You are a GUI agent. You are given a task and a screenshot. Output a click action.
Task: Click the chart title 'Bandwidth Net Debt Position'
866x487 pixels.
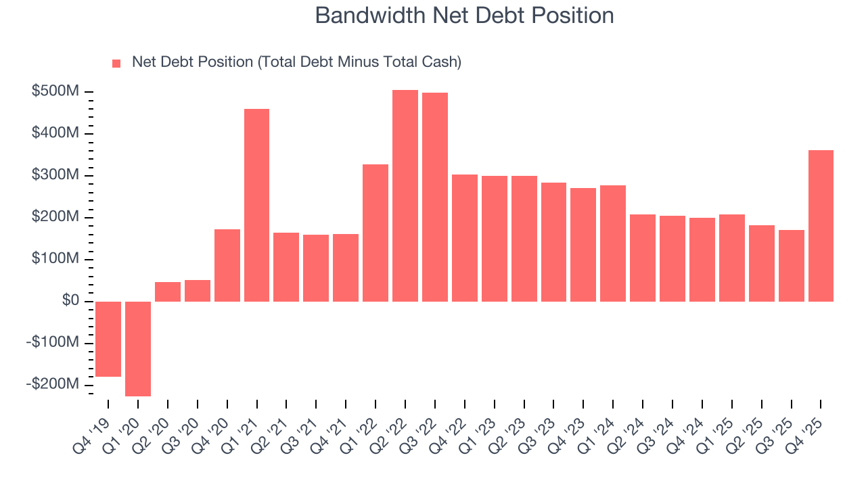click(464, 16)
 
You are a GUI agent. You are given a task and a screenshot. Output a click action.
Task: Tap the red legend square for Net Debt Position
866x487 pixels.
click(116, 64)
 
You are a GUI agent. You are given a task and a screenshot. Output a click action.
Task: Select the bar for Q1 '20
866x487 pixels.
click(138, 348)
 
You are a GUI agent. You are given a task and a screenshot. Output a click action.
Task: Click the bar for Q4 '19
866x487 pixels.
click(108, 339)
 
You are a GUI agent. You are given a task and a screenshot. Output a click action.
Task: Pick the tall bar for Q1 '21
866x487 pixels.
click(256, 205)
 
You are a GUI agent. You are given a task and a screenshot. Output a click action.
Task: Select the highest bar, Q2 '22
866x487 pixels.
click(405, 195)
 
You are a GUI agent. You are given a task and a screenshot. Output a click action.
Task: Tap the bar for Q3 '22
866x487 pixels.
click(435, 197)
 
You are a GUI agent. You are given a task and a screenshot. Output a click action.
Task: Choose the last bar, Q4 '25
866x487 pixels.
click(821, 225)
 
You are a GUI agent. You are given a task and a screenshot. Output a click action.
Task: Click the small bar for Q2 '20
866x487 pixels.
click(168, 292)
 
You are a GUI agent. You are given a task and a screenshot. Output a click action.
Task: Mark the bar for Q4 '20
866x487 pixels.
click(227, 265)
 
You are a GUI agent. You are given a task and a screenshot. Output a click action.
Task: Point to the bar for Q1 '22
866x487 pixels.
click(375, 233)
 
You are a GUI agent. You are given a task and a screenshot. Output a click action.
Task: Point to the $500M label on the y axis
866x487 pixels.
click(55, 91)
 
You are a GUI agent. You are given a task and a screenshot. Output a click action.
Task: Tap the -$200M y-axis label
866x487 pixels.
click(53, 384)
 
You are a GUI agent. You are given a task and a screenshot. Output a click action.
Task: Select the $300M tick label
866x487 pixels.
click(55, 175)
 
